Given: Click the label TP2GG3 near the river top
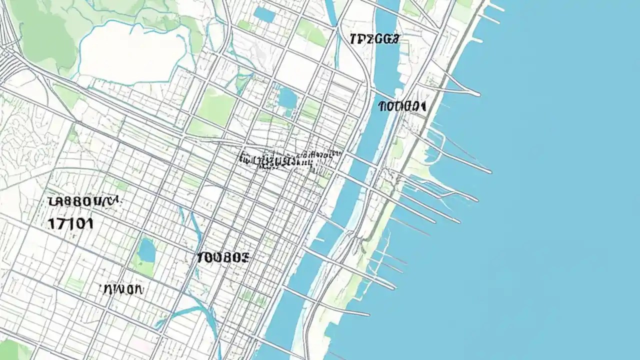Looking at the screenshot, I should pyautogui.click(x=374, y=39).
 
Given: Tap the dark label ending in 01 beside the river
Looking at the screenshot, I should pyautogui.click(x=402, y=106).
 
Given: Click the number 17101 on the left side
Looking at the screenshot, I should pyautogui.click(x=70, y=223).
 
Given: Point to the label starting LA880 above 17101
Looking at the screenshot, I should pyautogui.click(x=84, y=201).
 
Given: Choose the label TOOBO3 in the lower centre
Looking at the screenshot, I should pyautogui.click(x=222, y=258).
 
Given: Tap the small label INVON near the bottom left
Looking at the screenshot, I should pyautogui.click(x=122, y=289).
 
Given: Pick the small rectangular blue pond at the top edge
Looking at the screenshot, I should pyautogui.click(x=264, y=14).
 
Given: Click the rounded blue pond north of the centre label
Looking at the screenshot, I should pyautogui.click(x=287, y=98).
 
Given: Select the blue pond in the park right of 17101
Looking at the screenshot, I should pyautogui.click(x=146, y=250).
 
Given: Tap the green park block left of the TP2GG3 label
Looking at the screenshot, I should pyautogui.click(x=310, y=32).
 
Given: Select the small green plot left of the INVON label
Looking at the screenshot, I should pyautogui.click(x=75, y=285).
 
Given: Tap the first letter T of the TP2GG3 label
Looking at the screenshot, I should pyautogui.click(x=353, y=39).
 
